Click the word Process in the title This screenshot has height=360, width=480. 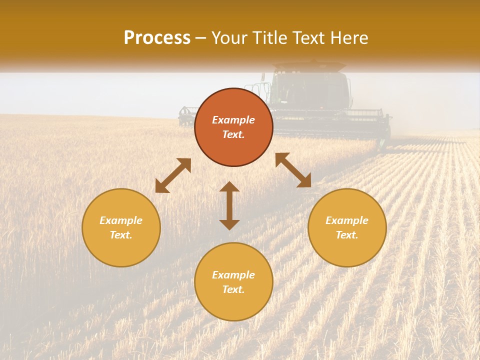tap(157, 38)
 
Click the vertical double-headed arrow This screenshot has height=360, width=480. tap(229, 205)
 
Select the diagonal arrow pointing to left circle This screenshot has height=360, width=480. tap(173, 175)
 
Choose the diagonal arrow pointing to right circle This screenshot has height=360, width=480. tap(293, 170)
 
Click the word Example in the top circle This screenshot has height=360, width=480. tap(233, 120)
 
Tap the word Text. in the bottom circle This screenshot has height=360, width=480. tap(233, 289)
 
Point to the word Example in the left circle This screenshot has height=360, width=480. tap(121, 220)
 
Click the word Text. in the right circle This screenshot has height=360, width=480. tap(347, 235)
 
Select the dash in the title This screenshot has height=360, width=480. tap(200, 38)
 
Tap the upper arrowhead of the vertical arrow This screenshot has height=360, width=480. tap(229, 186)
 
